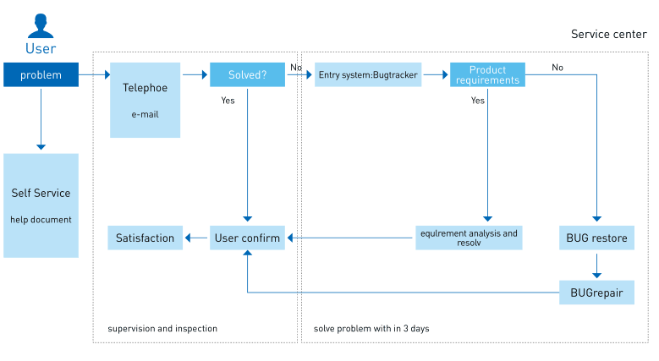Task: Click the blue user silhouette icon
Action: [x=41, y=25]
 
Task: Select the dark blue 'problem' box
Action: [x=41, y=74]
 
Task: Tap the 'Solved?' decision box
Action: [x=248, y=74]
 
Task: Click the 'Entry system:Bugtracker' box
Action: [x=368, y=74]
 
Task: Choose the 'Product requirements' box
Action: [x=487, y=74]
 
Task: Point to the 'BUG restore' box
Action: [x=596, y=238]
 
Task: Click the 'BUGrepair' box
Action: [x=596, y=293]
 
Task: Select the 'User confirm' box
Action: [x=248, y=238]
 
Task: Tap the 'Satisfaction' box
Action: [x=145, y=238]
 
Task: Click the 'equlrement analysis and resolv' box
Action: [x=469, y=238]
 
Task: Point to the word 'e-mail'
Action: [x=145, y=114]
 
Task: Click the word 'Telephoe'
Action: [x=145, y=88]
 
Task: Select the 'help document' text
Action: [x=41, y=220]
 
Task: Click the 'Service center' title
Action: [x=609, y=34]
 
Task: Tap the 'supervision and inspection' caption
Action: [x=162, y=329]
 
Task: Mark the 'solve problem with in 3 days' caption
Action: [x=371, y=329]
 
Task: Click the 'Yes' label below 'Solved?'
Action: [x=228, y=101]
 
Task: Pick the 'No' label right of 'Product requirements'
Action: [x=557, y=68]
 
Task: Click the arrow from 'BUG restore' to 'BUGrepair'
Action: [x=596, y=265]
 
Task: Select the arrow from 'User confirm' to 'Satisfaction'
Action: [x=196, y=238]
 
